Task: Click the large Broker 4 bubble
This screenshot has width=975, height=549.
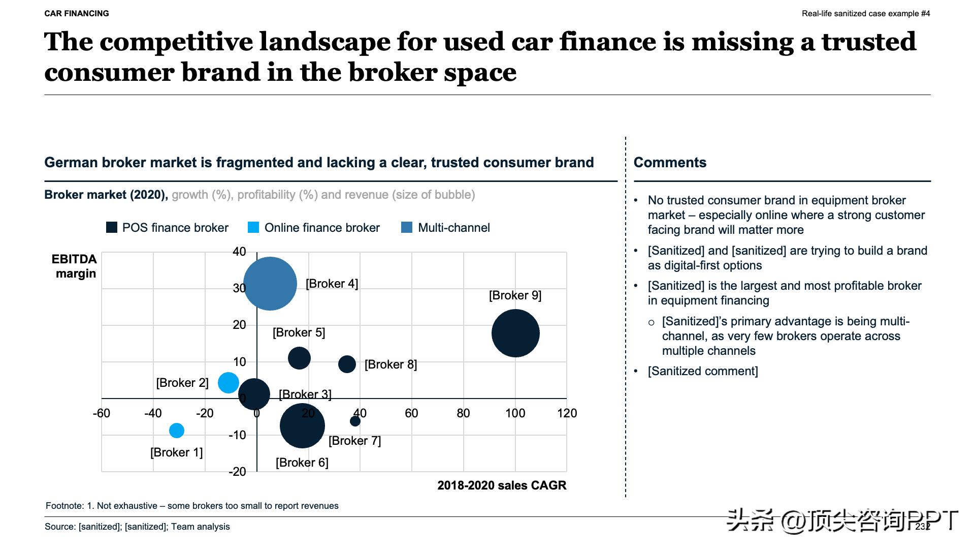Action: pos(270,284)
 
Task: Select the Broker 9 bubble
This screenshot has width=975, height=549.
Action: pos(515,333)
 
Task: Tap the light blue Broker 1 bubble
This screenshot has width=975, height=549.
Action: pos(177,431)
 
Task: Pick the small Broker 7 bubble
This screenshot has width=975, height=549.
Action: pos(355,421)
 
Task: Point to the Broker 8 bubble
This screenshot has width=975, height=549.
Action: pos(347,364)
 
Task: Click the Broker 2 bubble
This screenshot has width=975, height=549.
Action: pos(229,383)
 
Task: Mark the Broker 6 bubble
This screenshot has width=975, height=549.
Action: pos(302,426)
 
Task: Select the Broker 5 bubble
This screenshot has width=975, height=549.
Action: pos(299,358)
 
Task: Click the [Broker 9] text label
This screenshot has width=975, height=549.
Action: pos(515,295)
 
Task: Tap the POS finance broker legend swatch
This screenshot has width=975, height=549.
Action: pos(111,227)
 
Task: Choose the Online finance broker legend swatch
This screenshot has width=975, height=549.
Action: pos(253,227)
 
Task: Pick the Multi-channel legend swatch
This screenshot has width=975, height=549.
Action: pos(407,227)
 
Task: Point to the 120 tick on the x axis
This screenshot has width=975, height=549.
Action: pos(567,413)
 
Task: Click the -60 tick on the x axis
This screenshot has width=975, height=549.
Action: pos(102,413)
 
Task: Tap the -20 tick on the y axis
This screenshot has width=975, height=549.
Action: pos(237,472)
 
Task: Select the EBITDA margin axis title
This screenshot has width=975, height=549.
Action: pos(74,266)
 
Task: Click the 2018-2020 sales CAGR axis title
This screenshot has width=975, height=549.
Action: pos(502,485)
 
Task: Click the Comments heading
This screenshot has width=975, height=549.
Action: pos(670,163)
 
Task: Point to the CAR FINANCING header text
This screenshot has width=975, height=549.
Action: pos(77,14)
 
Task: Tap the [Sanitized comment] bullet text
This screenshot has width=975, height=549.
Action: pos(703,371)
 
